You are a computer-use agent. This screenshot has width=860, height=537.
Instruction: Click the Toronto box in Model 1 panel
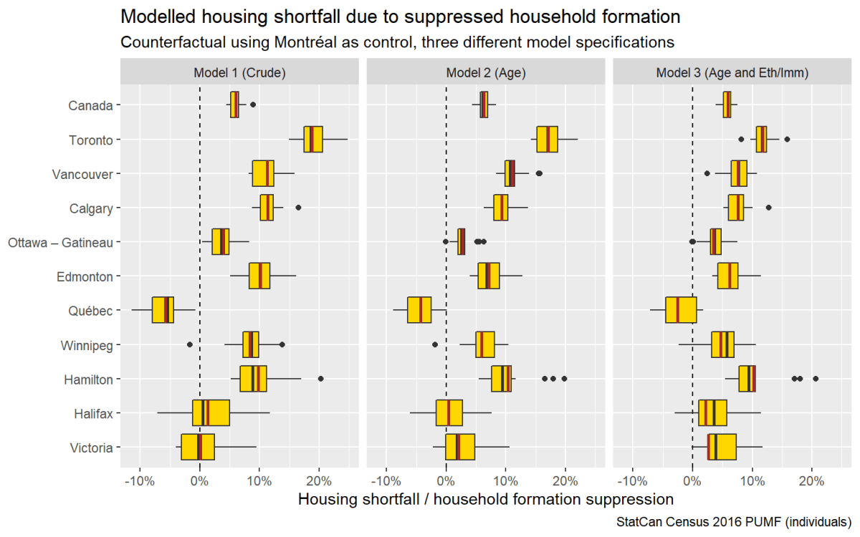(313, 139)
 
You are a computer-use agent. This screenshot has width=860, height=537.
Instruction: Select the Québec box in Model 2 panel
(419, 310)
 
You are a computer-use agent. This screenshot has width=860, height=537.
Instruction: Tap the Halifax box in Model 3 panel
(712, 413)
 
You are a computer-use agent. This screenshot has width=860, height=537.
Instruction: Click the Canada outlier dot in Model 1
(253, 105)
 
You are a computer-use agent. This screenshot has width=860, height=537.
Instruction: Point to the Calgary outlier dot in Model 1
(298, 208)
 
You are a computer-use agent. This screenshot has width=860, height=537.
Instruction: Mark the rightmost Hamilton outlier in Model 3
(816, 379)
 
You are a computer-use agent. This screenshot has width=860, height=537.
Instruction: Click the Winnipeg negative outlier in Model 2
(435, 344)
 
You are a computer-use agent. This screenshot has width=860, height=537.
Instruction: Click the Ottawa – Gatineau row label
(60, 243)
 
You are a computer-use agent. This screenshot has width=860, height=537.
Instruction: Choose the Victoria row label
(91, 448)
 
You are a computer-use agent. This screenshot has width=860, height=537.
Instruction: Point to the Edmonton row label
(85, 276)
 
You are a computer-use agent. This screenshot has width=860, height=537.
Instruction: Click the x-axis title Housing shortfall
(485, 498)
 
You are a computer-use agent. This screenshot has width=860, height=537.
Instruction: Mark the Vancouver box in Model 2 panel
(510, 173)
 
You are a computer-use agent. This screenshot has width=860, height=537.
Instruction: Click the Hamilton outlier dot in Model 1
(320, 379)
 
